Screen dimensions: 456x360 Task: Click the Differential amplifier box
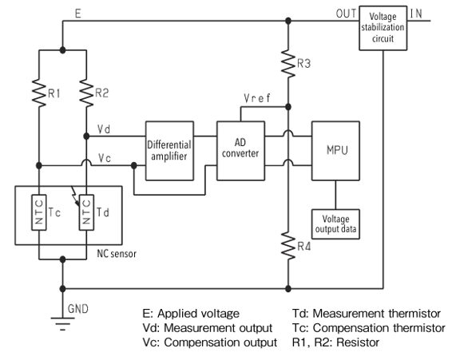coord(169,151)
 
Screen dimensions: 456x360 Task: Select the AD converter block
coord(241,151)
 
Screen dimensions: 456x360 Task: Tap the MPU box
coord(335,151)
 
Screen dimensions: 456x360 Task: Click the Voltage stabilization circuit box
coord(383,28)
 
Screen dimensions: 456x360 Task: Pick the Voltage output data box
coord(335,224)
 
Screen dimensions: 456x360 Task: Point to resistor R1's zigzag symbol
coord(39,93)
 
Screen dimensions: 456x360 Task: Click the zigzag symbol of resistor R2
coord(86,93)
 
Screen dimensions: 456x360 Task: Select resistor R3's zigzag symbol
coord(288,63)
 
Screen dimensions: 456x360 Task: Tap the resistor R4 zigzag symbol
coord(288,246)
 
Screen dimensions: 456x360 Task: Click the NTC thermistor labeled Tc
coord(39,212)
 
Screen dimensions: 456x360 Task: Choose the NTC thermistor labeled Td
coord(86,212)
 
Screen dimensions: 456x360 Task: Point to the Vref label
coord(257,98)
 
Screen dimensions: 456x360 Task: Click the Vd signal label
coord(104,129)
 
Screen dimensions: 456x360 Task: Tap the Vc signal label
coord(105,158)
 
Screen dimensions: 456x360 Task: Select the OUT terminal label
coord(346,14)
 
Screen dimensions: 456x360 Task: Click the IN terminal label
coord(416,14)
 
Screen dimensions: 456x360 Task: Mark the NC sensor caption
coord(117,254)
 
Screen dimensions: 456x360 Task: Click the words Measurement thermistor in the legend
coord(377,314)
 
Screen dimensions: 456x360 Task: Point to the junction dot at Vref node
coord(288,107)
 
